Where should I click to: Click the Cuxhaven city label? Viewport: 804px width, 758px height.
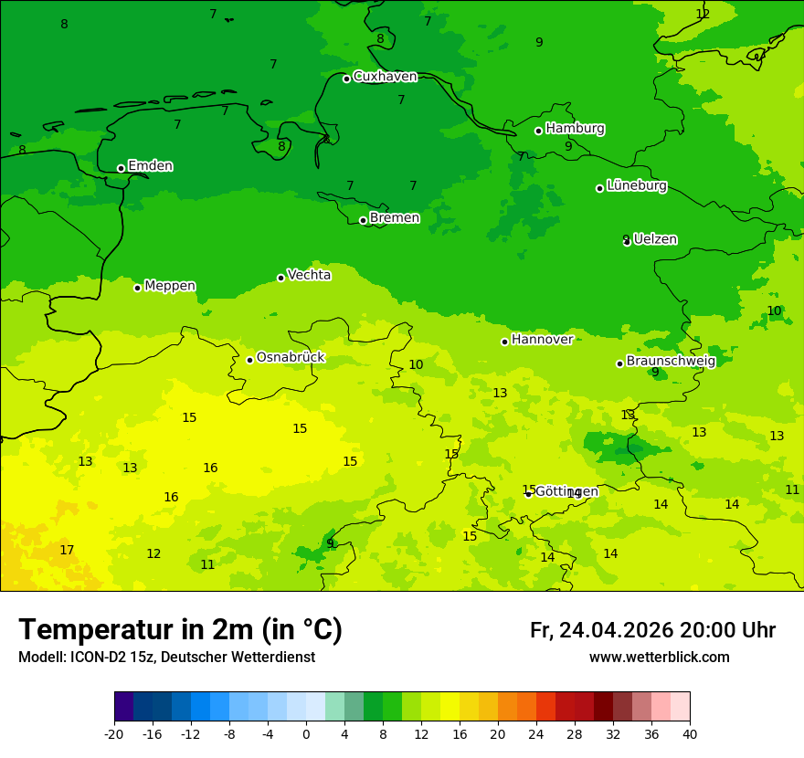click(x=385, y=77)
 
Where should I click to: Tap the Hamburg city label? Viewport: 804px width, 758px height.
click(x=575, y=129)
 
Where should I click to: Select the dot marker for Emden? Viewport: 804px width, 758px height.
click(x=121, y=168)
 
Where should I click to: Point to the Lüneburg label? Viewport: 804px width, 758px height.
click(x=636, y=185)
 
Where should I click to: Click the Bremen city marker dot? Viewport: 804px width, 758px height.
click(x=363, y=220)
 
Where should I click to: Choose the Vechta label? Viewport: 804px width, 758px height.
click(x=309, y=275)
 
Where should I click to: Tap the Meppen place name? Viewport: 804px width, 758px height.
click(x=169, y=286)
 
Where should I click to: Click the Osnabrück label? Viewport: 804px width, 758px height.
click(x=290, y=357)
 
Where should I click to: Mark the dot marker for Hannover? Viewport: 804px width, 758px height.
click(x=504, y=342)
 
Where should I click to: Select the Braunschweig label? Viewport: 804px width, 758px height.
click(x=670, y=361)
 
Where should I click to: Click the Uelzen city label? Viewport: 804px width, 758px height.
click(x=655, y=239)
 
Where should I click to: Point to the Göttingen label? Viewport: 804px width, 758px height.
click(x=566, y=491)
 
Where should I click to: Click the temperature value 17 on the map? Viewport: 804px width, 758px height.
click(x=67, y=550)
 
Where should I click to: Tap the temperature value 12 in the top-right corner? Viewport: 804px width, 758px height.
click(x=703, y=14)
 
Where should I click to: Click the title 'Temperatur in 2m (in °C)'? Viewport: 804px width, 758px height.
click(x=180, y=629)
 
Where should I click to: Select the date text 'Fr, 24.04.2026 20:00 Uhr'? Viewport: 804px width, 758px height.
click(x=652, y=630)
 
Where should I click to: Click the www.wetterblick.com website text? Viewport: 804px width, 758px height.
click(x=659, y=658)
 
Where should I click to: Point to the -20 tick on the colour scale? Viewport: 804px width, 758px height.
click(x=114, y=733)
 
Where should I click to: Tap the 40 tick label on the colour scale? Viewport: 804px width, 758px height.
click(x=689, y=733)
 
